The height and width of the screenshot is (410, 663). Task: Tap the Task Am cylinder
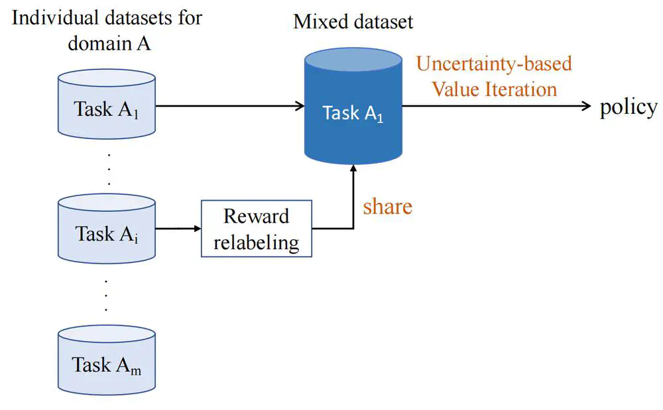107,361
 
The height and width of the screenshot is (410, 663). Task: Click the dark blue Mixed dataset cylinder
353,106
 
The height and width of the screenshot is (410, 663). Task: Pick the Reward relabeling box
256,229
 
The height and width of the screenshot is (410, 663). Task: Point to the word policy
628,107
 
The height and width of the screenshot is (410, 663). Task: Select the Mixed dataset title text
353,21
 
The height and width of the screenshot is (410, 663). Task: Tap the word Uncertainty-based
493,64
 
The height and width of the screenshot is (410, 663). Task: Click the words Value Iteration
494,89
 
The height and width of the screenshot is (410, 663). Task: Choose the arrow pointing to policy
497,106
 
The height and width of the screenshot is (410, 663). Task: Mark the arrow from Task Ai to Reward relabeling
178,229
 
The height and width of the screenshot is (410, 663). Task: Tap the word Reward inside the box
256,217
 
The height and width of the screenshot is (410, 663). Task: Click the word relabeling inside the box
256,242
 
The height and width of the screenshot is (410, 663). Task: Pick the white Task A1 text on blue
353,113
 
